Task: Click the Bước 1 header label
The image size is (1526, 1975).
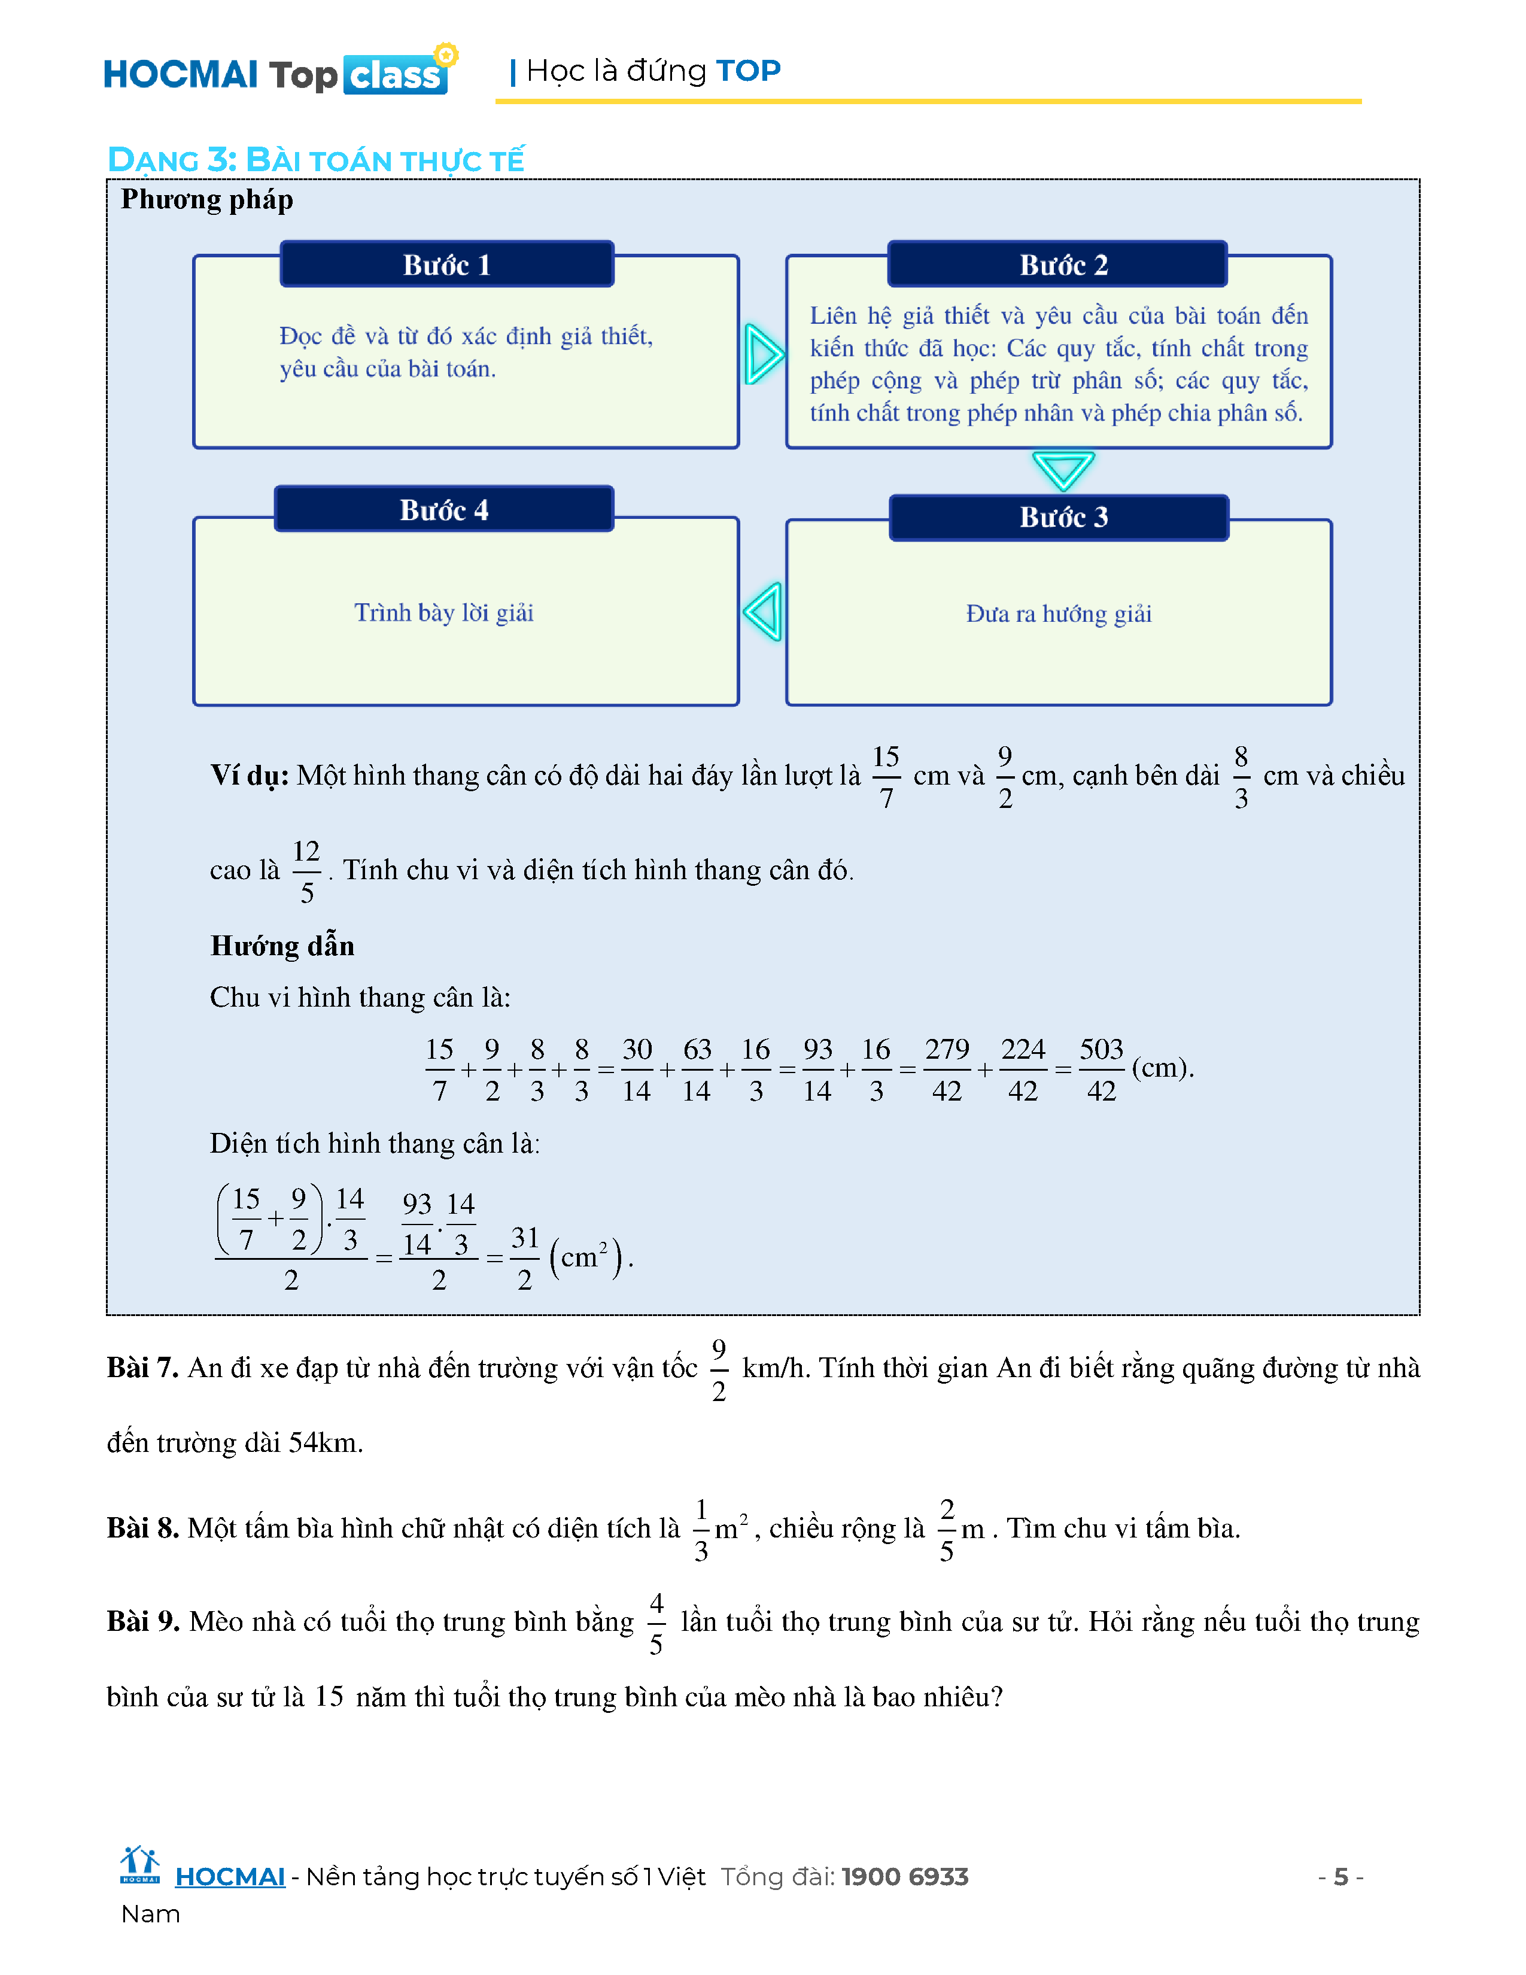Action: (446, 265)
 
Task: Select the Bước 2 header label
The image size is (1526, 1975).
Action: (1063, 265)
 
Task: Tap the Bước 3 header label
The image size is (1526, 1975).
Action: (1063, 517)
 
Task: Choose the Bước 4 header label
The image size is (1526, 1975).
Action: (444, 510)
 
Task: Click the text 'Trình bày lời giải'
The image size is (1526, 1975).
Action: (444, 613)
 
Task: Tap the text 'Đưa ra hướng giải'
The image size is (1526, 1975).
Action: (1059, 614)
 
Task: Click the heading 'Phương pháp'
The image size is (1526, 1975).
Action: (207, 200)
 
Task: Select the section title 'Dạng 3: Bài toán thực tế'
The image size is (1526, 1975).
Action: (315, 160)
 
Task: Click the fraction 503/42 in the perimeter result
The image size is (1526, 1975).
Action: (1101, 1070)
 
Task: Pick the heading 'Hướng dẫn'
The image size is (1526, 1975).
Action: (282, 946)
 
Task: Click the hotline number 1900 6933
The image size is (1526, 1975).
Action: (905, 1877)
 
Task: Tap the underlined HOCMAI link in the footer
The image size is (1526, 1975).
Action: (230, 1877)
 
